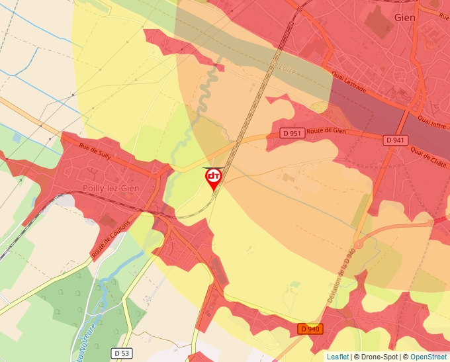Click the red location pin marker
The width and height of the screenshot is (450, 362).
(x=213, y=179)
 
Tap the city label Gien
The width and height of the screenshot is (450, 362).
(x=404, y=17)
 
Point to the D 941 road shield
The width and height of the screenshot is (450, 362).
(x=396, y=140)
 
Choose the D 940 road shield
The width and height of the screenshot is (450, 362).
(x=310, y=329)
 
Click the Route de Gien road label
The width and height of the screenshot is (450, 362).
(x=326, y=132)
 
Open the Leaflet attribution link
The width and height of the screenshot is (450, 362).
(x=337, y=357)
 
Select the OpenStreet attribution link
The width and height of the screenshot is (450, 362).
(x=429, y=357)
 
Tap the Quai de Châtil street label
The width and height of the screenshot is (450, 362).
(x=429, y=157)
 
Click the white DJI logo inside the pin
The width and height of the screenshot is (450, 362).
(x=213, y=176)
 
